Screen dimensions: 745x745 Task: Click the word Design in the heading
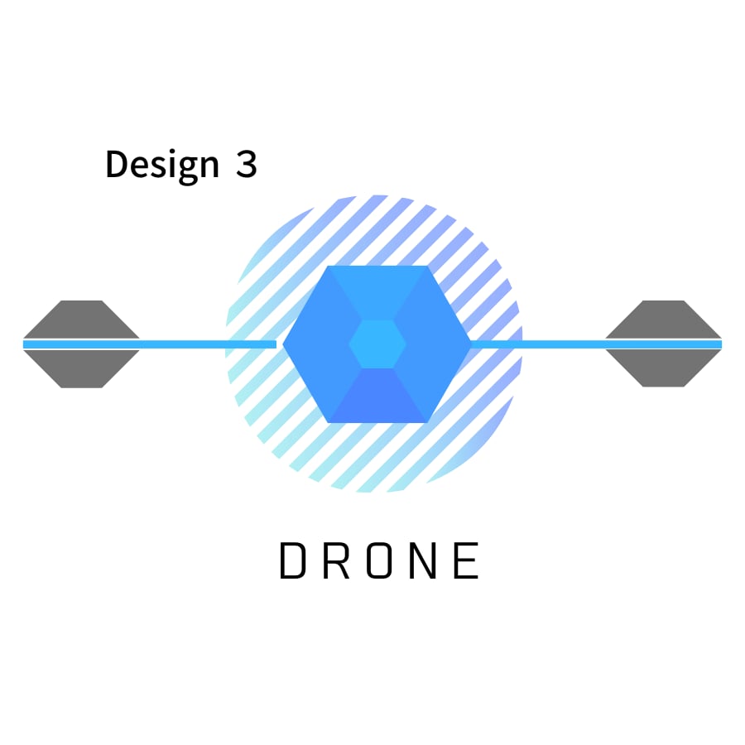[x=162, y=165]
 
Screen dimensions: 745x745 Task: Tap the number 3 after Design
[x=247, y=164]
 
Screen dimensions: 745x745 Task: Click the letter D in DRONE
[x=291, y=560]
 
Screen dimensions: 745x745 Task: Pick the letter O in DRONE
[x=379, y=560]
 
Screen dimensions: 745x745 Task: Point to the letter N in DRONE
[x=423, y=560]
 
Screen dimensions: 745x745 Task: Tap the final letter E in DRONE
[x=466, y=560]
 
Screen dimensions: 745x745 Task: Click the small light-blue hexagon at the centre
[x=377, y=344]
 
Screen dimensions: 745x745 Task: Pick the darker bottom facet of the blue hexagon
[x=377, y=396]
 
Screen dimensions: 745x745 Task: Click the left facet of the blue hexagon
[x=320, y=344]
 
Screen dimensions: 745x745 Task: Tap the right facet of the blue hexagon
[x=433, y=344]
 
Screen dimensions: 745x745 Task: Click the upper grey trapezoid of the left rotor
[x=81, y=319]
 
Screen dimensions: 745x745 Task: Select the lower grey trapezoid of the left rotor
[x=81, y=368]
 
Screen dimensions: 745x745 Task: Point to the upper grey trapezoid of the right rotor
[x=663, y=319]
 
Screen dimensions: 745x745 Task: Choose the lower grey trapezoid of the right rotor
[x=663, y=368]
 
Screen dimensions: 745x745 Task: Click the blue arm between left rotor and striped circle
[x=150, y=344]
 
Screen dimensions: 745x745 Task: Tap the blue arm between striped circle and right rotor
[x=596, y=344]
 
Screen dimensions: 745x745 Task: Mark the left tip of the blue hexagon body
[x=283, y=344]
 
